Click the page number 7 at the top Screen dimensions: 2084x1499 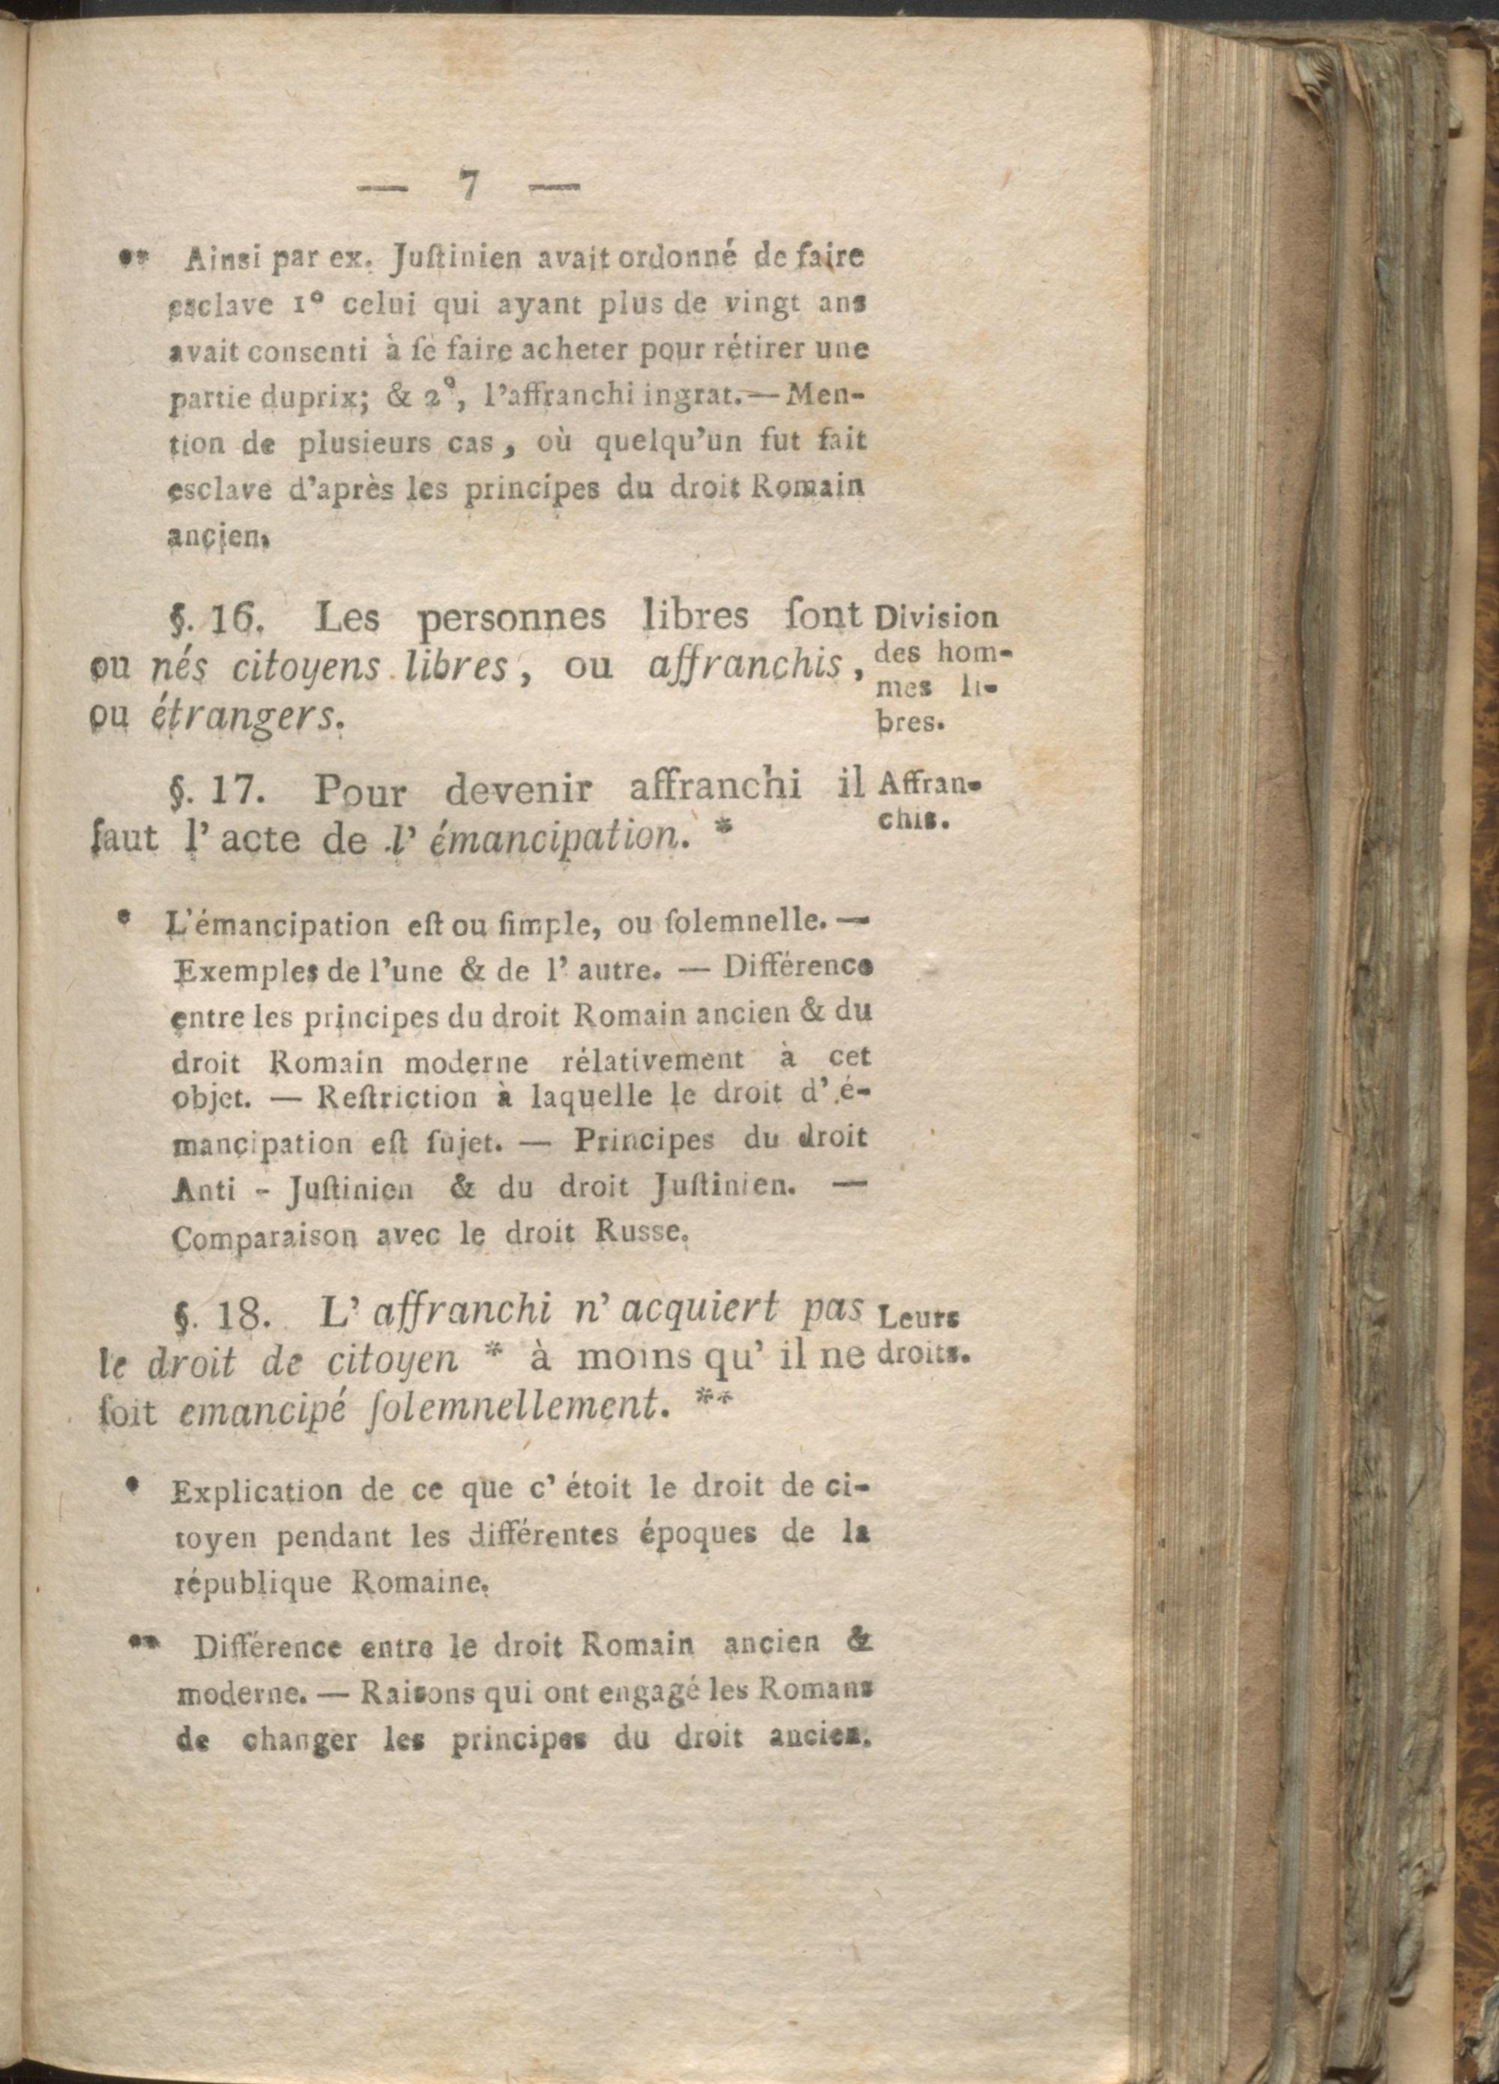pyautogui.click(x=468, y=187)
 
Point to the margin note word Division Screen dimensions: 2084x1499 pyautogui.click(x=938, y=616)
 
